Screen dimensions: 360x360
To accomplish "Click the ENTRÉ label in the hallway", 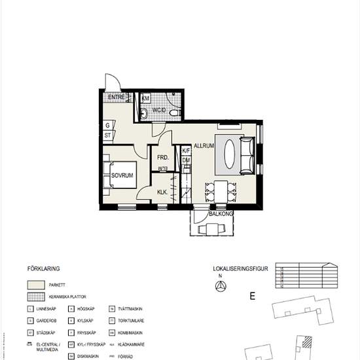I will [117, 98].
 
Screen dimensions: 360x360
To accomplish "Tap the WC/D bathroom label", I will [158, 111].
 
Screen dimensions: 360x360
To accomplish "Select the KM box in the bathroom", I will [146, 98].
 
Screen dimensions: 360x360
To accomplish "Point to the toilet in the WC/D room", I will [174, 113].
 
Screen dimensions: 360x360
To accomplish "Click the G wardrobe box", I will [107, 125].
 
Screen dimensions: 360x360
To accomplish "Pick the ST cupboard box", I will [107, 135].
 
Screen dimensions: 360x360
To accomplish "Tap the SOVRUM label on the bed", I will [122, 175].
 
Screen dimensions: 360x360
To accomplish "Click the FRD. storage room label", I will [162, 158].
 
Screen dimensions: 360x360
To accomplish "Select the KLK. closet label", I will [162, 192].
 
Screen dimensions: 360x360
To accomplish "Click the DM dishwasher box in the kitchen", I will [186, 160].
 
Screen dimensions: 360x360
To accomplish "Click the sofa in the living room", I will [247, 154].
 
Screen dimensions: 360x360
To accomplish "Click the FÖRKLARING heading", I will [44, 269].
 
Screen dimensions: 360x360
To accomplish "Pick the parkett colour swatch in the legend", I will [37, 285].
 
